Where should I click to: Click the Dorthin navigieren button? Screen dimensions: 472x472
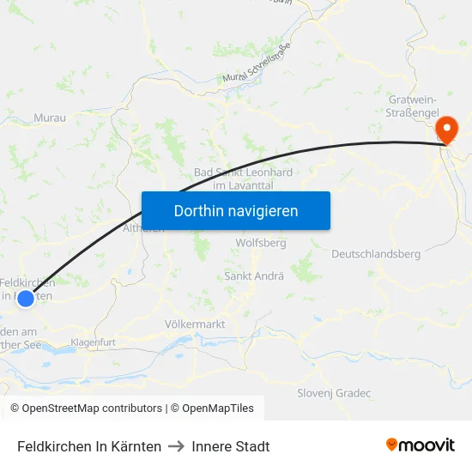tap(236, 210)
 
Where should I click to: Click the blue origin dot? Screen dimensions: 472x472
tap(26, 298)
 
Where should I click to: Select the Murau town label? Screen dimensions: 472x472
tap(49, 118)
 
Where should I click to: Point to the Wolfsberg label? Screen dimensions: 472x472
tap(260, 243)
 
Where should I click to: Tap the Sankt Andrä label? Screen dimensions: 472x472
tap(254, 276)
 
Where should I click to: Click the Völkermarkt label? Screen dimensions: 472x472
tap(194, 324)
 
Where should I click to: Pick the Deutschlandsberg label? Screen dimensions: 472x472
tap(376, 254)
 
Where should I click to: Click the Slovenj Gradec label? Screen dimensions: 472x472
tap(334, 393)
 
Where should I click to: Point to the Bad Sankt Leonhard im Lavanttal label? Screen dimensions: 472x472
tap(243, 179)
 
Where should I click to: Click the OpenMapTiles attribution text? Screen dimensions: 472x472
tap(212, 408)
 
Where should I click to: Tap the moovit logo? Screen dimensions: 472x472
tap(421, 445)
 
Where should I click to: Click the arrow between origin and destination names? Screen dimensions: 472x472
tap(177, 446)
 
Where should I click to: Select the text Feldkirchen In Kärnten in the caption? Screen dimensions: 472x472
tap(89, 446)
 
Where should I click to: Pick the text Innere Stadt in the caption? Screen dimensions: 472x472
tap(231, 446)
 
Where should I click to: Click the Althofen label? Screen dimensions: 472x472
tap(143, 228)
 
